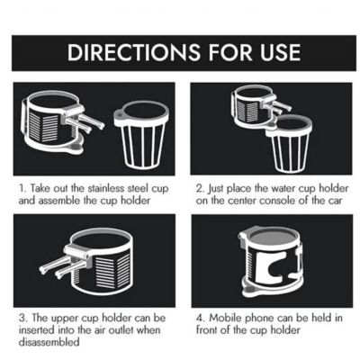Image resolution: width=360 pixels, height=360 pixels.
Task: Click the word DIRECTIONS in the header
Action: click(x=133, y=52)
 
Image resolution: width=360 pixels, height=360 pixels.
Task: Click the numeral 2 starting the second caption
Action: click(x=200, y=189)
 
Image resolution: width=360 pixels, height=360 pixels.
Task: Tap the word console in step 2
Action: click(x=277, y=201)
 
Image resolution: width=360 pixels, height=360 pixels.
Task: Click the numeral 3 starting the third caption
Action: click(x=22, y=318)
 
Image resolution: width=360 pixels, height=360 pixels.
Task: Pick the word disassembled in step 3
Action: click(x=49, y=342)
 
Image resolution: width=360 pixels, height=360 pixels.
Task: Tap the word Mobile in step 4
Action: click(x=225, y=318)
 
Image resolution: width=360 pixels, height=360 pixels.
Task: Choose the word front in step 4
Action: click(x=208, y=330)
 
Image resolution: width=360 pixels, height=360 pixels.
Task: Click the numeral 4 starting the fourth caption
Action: click(x=200, y=318)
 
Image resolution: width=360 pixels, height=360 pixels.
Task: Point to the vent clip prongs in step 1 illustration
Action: click(x=85, y=123)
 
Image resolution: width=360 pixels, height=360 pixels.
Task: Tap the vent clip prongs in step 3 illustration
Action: click(x=62, y=265)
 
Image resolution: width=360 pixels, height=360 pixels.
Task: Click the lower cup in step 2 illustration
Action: click(x=289, y=144)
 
